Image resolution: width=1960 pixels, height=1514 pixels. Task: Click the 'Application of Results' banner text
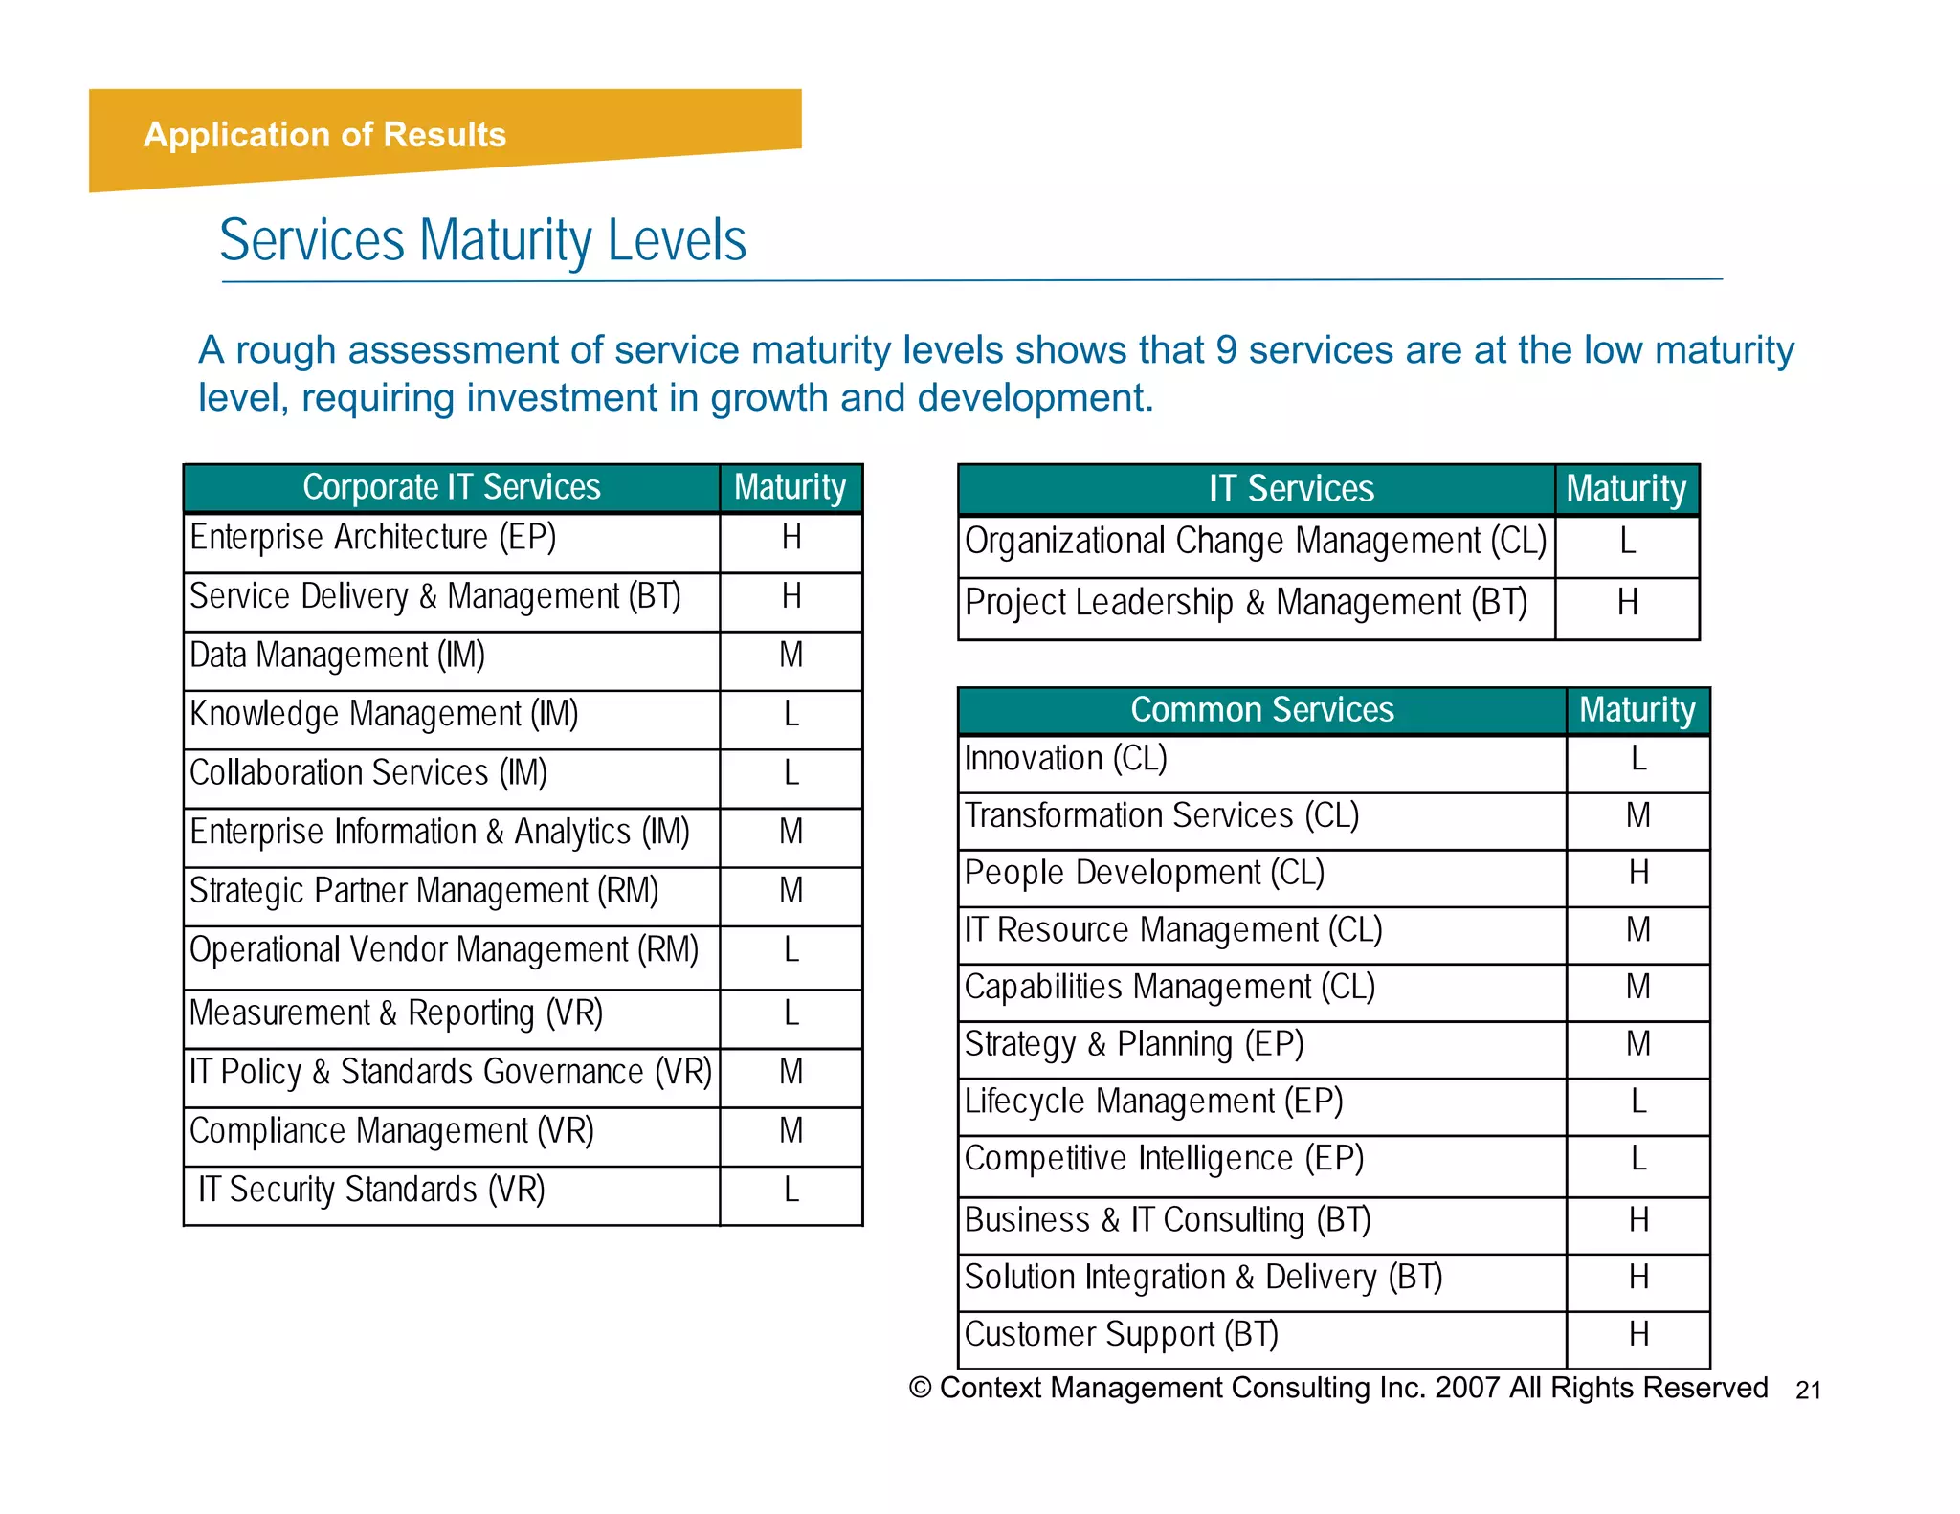click(324, 135)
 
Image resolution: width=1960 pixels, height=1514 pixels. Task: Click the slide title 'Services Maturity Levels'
click(482, 240)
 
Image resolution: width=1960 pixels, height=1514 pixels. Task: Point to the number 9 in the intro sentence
click(1226, 350)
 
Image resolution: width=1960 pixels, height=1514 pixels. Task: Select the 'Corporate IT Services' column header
click(451, 488)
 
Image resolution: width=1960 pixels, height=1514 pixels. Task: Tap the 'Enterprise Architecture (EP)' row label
click(372, 538)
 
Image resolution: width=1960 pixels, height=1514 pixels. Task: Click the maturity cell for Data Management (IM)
click(791, 657)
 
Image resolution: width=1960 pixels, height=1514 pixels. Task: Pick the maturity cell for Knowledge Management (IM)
click(791, 715)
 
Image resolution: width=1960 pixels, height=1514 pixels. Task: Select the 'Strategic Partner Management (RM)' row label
click(424, 892)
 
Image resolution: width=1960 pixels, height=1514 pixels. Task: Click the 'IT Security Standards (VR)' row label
click(371, 1191)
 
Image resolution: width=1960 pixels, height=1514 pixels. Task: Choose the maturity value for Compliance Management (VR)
click(791, 1131)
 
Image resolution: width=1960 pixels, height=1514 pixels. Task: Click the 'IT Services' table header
click(1290, 489)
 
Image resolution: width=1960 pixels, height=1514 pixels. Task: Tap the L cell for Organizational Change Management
click(1627, 542)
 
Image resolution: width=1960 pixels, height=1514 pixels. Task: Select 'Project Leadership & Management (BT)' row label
click(1245, 603)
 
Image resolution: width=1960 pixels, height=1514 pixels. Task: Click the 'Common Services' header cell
click(1261, 710)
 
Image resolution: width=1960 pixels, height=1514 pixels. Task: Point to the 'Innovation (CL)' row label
click(1065, 759)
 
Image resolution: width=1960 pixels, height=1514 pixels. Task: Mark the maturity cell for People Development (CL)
click(1638, 873)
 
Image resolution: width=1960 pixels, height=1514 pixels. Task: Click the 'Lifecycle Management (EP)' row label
click(1153, 1102)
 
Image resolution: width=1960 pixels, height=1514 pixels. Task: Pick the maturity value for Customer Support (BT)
click(1638, 1334)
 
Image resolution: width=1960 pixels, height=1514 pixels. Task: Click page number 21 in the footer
click(1808, 1391)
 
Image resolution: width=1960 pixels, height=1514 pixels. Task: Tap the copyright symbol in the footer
click(920, 1388)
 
